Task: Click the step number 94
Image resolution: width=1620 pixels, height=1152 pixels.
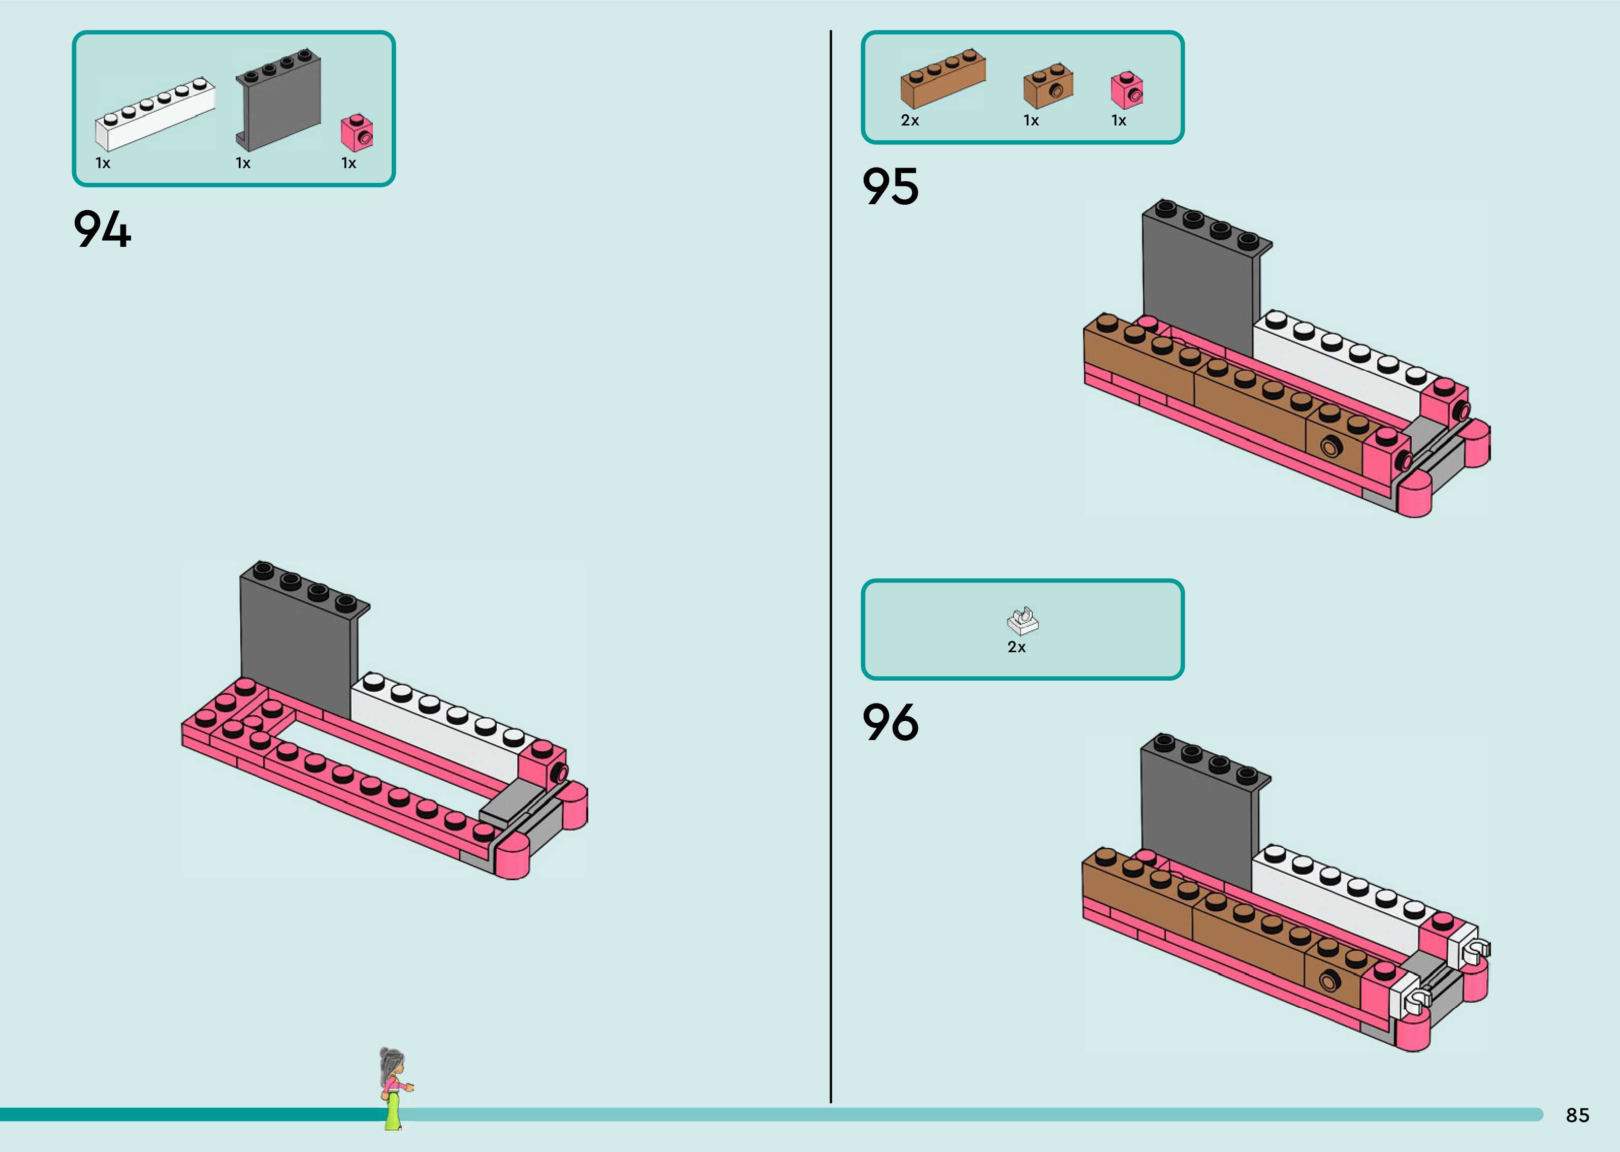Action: (102, 229)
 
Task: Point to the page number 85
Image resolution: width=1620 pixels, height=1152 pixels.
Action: (1577, 1115)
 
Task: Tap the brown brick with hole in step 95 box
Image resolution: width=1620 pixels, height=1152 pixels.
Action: (1047, 85)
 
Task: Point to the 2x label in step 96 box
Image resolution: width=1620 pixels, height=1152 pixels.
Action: (1017, 647)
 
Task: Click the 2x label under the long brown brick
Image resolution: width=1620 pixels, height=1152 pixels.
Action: (910, 120)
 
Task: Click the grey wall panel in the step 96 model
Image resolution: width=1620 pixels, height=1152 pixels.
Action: (1197, 816)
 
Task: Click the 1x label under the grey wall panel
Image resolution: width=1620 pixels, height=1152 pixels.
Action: (243, 163)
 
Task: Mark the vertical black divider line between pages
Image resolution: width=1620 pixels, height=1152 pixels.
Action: (831, 567)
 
